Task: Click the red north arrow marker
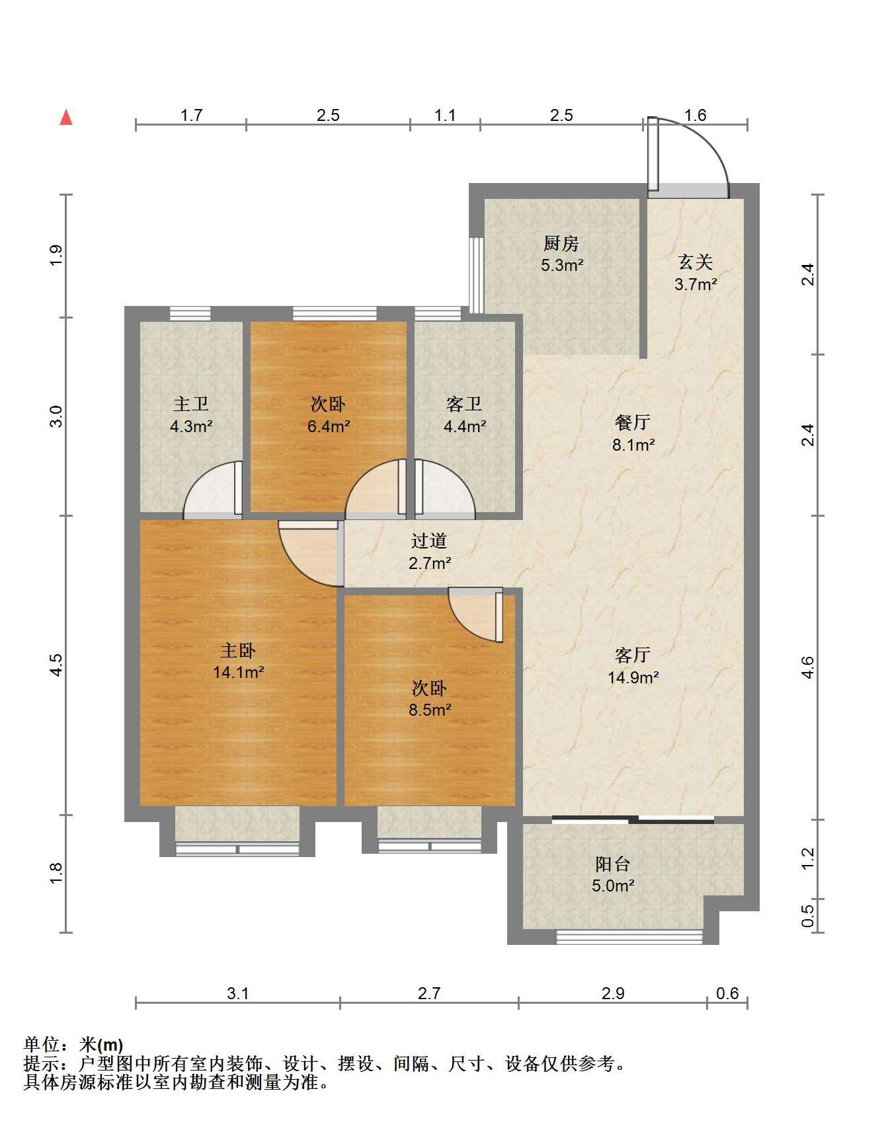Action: coord(66,117)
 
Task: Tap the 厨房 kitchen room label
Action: coord(561,244)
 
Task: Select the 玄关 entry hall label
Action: coord(696,262)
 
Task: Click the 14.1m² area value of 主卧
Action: coord(239,673)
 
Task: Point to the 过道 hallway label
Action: coord(429,541)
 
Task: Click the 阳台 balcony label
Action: coord(613,864)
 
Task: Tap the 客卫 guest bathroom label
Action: coord(464,404)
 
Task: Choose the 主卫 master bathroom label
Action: coord(191,404)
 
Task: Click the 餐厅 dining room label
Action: coord(633,422)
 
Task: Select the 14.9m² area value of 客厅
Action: coord(633,677)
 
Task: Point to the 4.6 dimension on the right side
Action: coord(807,667)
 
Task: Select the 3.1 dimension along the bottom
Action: coord(237,993)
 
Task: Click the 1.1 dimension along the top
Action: coord(445,116)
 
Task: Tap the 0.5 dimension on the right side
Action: coord(807,916)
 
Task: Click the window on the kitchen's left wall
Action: coord(475,274)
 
